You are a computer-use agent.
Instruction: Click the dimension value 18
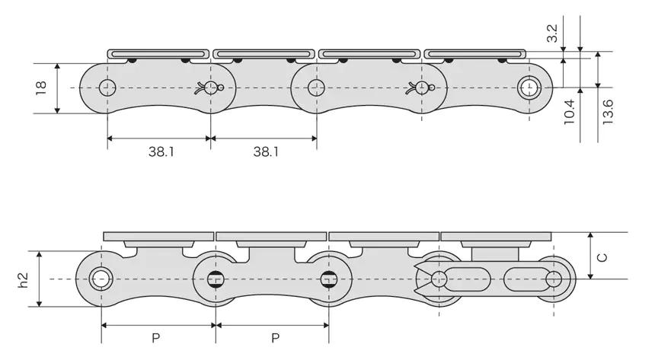pyautogui.click(x=41, y=88)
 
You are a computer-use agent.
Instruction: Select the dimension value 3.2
pyautogui.click(x=552, y=33)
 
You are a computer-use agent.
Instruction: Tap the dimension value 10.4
pyautogui.click(x=569, y=112)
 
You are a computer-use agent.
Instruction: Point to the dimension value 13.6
pyautogui.click(x=607, y=112)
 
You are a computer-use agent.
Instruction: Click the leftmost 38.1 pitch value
pyautogui.click(x=161, y=151)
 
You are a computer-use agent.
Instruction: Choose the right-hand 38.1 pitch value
pyautogui.click(x=266, y=151)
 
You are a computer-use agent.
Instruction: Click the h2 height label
pyautogui.click(x=23, y=280)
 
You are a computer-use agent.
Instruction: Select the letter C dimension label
pyautogui.click(x=602, y=257)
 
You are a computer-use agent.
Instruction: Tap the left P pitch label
pyautogui.click(x=155, y=338)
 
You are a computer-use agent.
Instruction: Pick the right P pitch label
pyautogui.click(x=275, y=338)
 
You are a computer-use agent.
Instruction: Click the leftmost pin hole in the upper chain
pyautogui.click(x=107, y=88)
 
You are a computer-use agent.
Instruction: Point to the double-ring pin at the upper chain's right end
pyautogui.click(x=529, y=88)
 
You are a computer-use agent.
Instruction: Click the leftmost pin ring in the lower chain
pyautogui.click(x=101, y=279)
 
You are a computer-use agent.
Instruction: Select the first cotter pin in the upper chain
pyautogui.click(x=209, y=88)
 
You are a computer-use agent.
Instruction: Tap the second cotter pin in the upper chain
pyautogui.click(x=420, y=88)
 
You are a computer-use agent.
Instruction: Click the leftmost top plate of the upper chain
pyautogui.click(x=158, y=54)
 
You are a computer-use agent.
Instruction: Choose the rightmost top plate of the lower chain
pyautogui.click(x=497, y=237)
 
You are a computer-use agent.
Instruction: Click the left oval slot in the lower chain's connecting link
pyautogui.click(x=467, y=279)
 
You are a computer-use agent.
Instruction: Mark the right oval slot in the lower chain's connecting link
pyautogui.click(x=528, y=279)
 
